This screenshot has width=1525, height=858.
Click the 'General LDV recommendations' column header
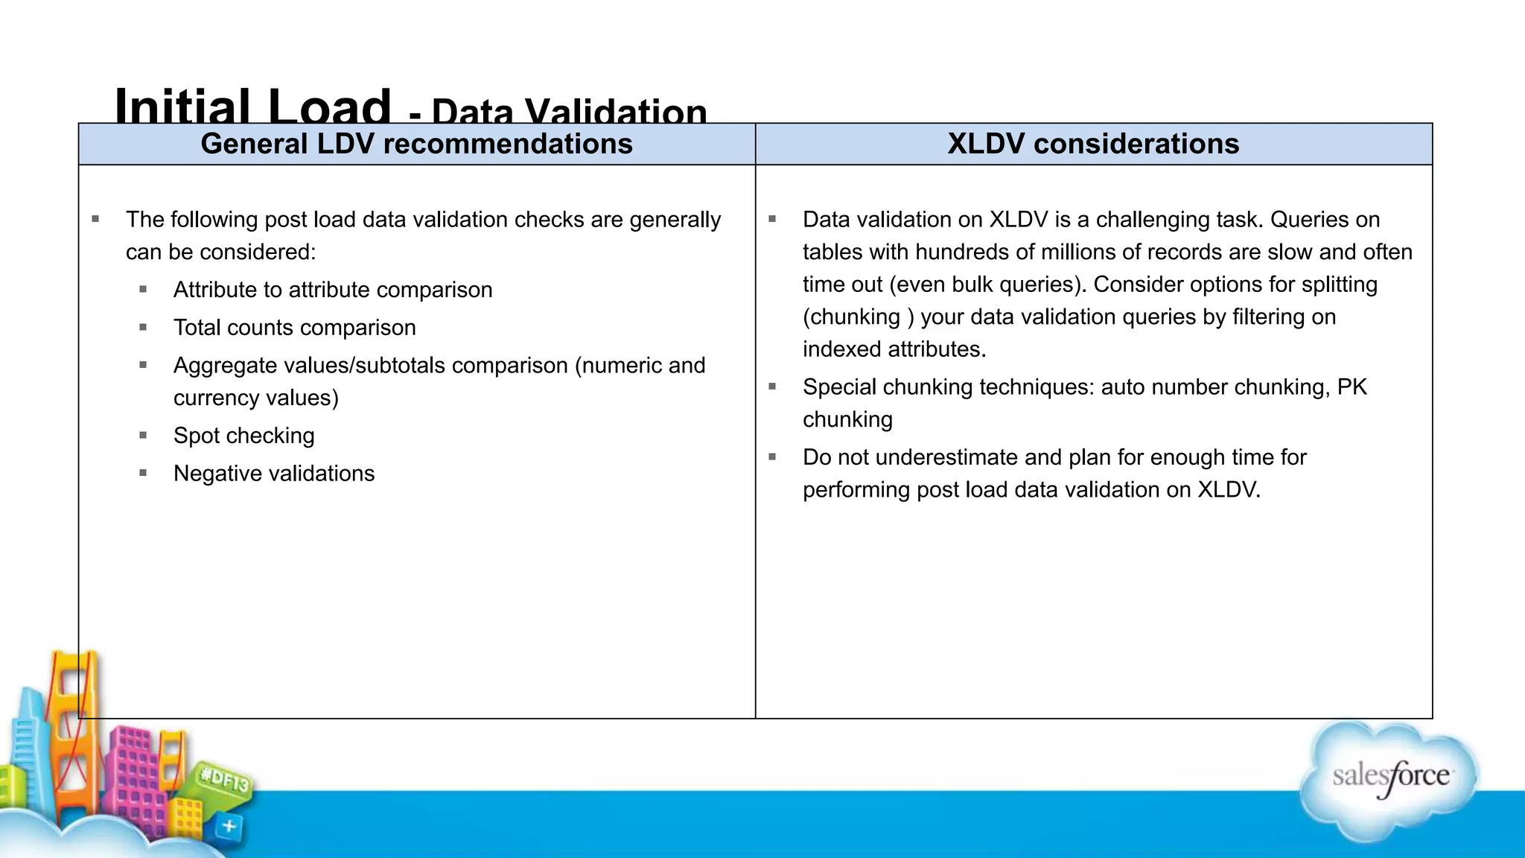[x=416, y=144]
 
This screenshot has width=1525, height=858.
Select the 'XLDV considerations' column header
[x=1093, y=144]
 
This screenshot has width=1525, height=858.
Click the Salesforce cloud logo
[x=1389, y=778]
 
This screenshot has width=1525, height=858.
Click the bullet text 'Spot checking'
[x=243, y=436]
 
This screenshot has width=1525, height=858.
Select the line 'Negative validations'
[x=273, y=474]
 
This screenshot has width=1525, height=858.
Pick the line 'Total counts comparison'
[x=294, y=328]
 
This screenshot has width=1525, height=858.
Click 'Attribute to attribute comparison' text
[x=333, y=290]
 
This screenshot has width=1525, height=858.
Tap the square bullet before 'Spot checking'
[x=143, y=435]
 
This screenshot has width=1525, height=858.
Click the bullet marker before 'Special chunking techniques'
[x=772, y=387]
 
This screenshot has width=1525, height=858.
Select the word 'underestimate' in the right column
[x=946, y=457]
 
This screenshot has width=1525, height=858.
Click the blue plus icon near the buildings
[x=229, y=826]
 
